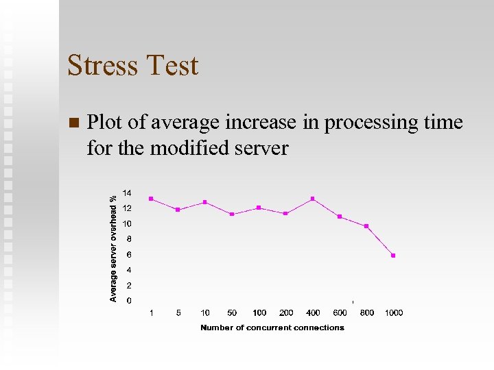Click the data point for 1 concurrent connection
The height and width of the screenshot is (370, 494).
[x=151, y=199]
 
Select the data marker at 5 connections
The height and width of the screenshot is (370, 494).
[x=178, y=210]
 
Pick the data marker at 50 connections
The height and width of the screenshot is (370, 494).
[x=232, y=214]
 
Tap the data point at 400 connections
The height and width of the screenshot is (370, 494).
[x=313, y=199]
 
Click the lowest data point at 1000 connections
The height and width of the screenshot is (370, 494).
[x=393, y=256]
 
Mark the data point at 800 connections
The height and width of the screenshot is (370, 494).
[x=366, y=226]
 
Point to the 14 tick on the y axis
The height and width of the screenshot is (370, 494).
[x=127, y=193]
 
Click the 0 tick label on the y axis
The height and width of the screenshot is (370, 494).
[x=129, y=301]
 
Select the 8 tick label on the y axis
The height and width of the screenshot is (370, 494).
[x=129, y=239]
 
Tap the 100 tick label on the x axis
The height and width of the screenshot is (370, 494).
[x=259, y=313]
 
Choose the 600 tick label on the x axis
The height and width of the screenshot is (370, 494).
[x=340, y=313]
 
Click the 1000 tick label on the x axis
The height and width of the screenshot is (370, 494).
[x=393, y=313]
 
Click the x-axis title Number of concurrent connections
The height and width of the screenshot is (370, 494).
[x=272, y=328]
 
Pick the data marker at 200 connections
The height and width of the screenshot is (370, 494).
[x=285, y=213]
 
